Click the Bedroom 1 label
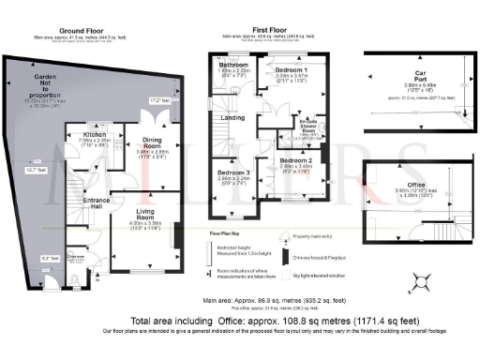point(292,70)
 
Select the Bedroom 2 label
point(297,161)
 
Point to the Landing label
point(233,117)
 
